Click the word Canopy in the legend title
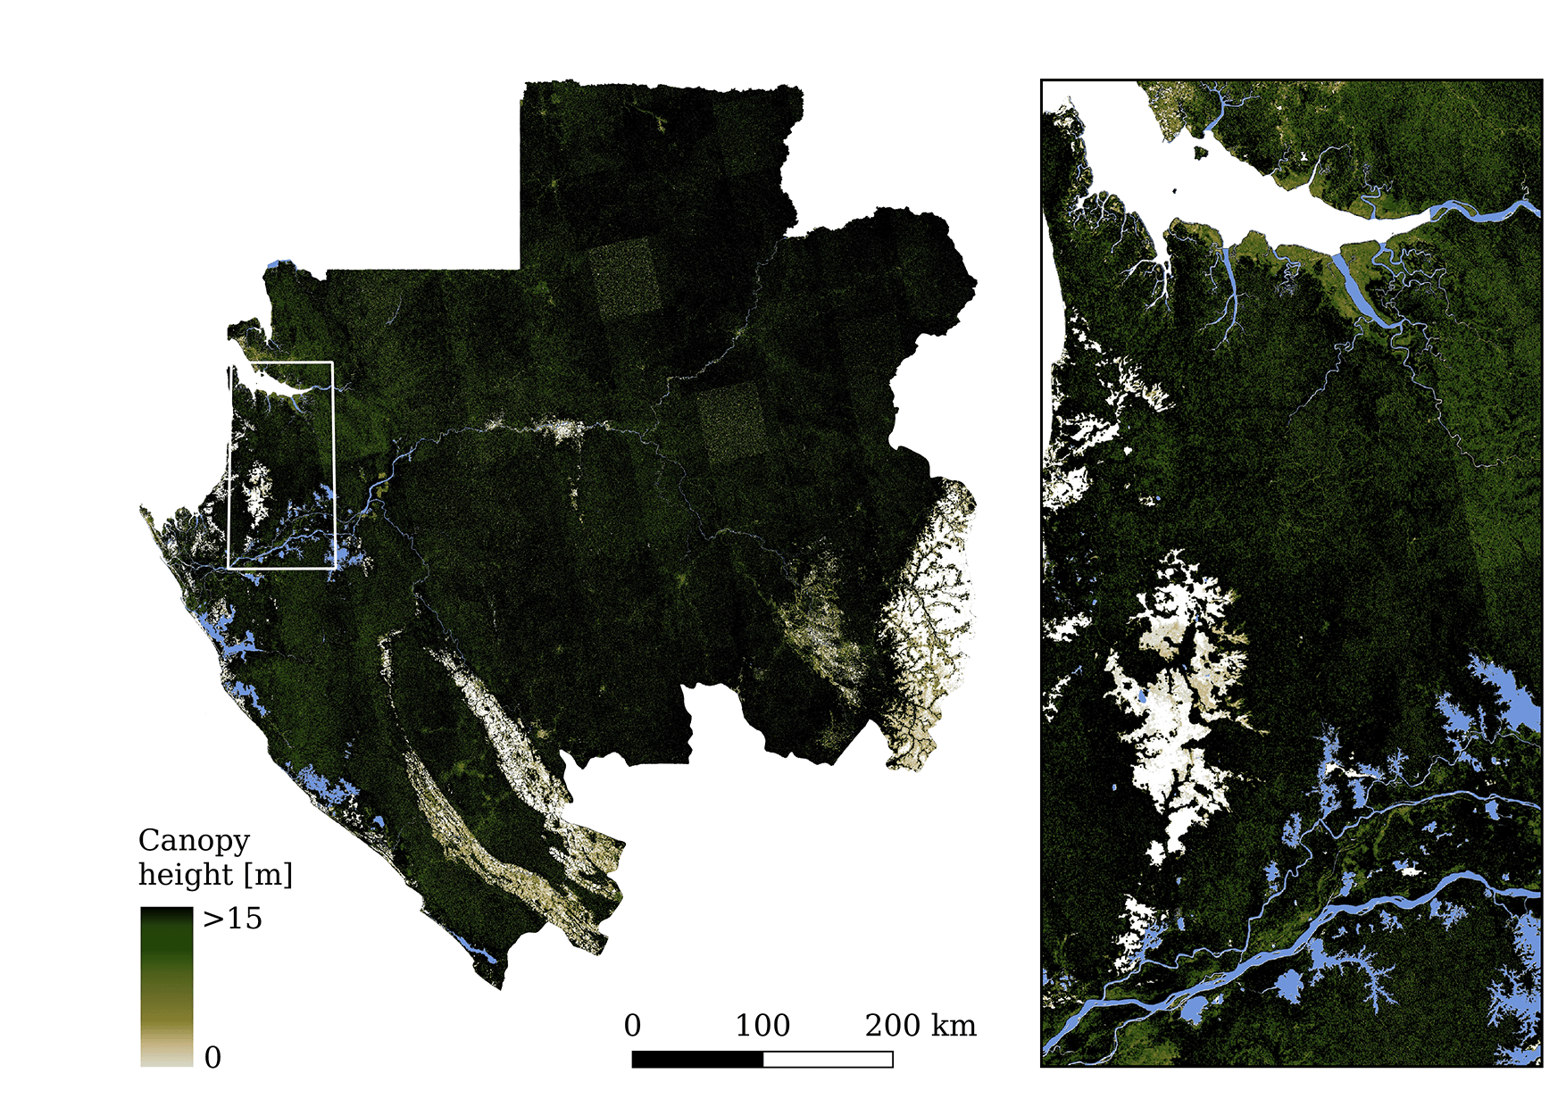point(194,841)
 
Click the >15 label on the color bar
point(232,919)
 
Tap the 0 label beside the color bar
point(212,1058)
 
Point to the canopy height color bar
point(166,986)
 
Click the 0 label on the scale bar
point(632,1026)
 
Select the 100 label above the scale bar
point(762,1026)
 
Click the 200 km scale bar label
point(920,1026)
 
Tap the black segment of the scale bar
point(697,1060)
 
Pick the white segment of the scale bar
point(828,1060)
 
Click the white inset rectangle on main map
point(333,464)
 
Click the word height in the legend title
point(184,875)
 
